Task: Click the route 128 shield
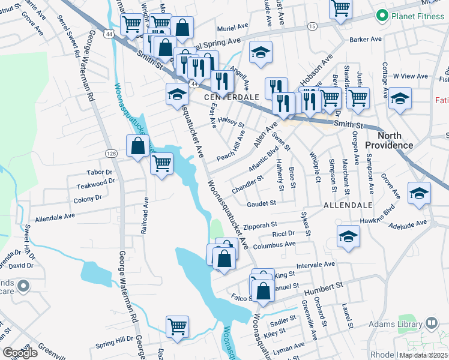[112, 154]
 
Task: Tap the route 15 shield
[312, 26]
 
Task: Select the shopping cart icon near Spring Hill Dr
[178, 327]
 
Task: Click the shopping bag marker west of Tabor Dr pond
[138, 145]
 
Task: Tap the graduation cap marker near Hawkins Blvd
[419, 193]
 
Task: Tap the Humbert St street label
[322, 288]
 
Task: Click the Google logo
[20, 353]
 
